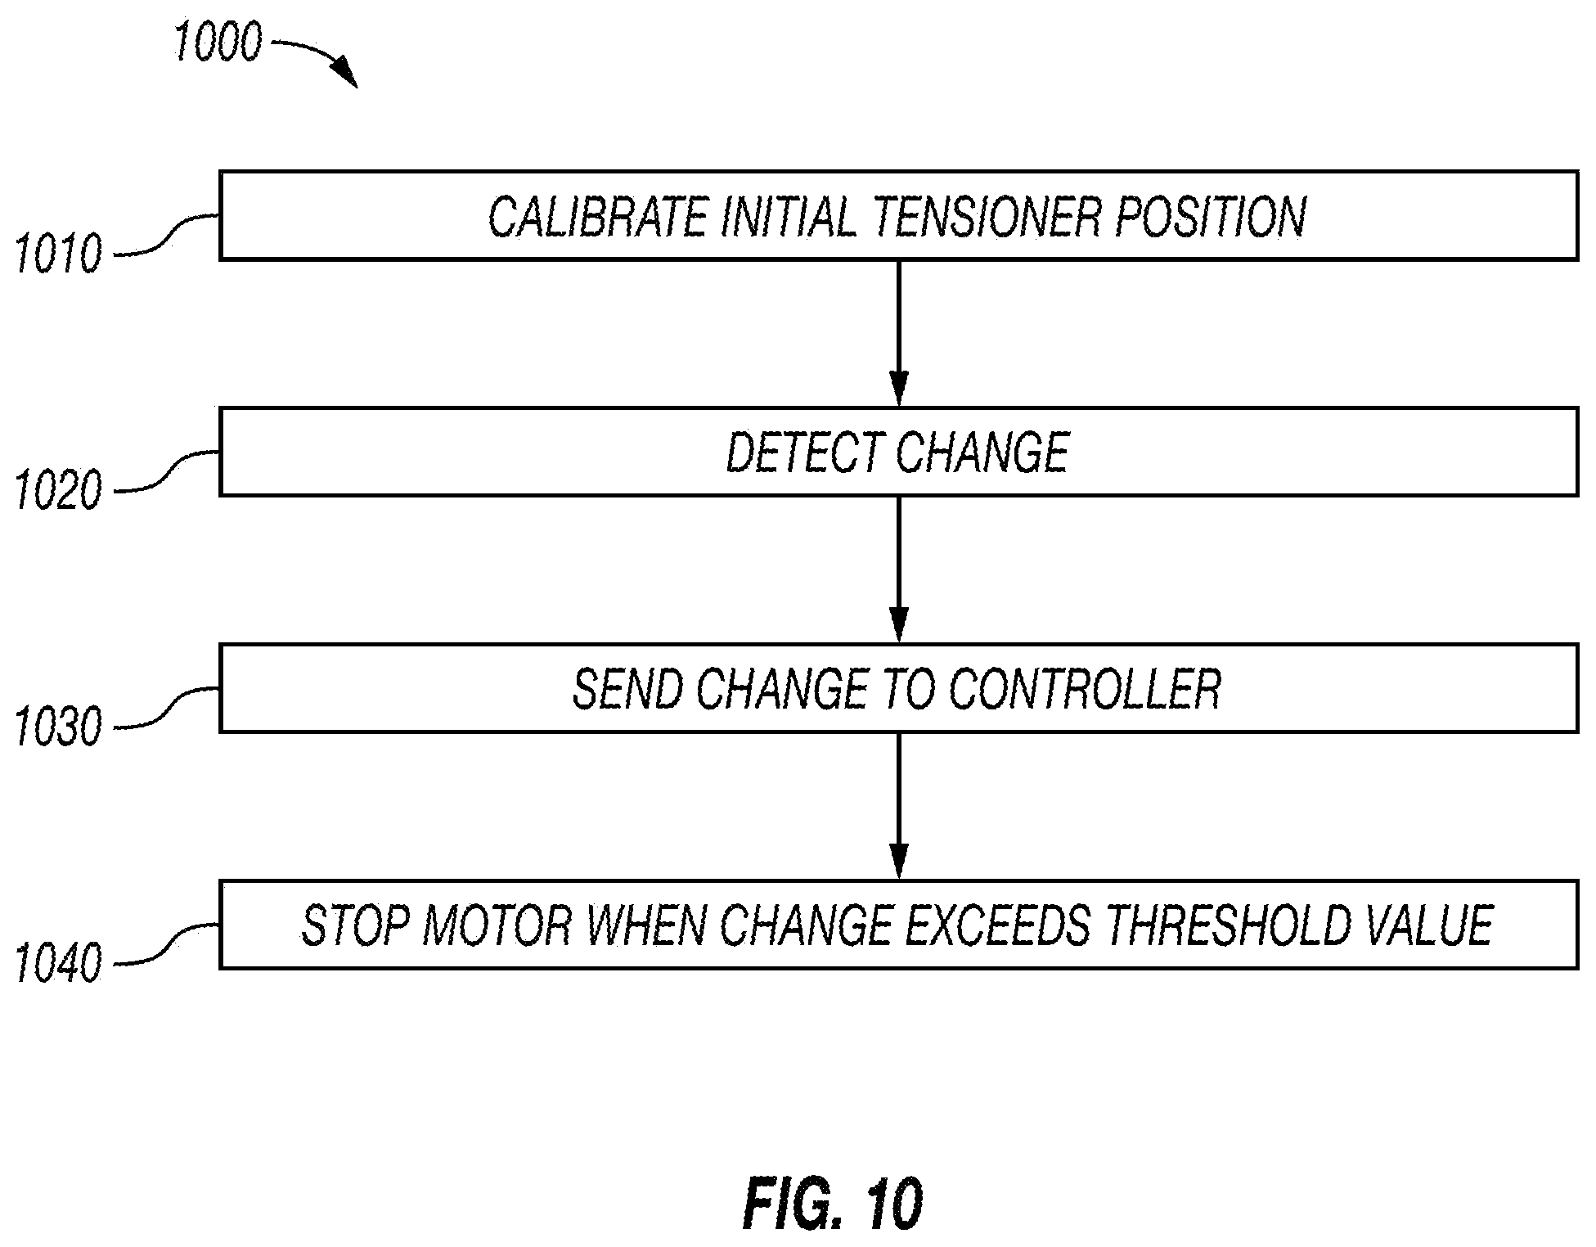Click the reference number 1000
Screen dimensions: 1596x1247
click(x=218, y=43)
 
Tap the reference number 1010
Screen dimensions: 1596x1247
click(x=59, y=254)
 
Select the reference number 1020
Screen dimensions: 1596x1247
click(x=59, y=491)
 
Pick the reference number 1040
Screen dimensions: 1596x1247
click(x=59, y=964)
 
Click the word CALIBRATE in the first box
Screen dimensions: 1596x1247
click(x=598, y=217)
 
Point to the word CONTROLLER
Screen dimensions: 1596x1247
click(x=1084, y=689)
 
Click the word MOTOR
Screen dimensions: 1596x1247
click(x=497, y=925)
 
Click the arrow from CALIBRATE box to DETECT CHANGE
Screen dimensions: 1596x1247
click(x=898, y=333)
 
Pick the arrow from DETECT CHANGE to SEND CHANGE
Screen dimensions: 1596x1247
click(x=898, y=569)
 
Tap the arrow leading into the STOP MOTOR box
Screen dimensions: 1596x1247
click(x=898, y=806)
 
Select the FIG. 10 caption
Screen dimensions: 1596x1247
click(x=833, y=1204)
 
